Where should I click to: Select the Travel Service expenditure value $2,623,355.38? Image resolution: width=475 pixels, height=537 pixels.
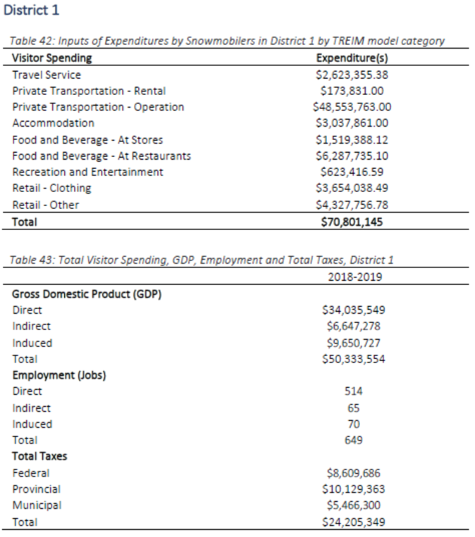pos(353,75)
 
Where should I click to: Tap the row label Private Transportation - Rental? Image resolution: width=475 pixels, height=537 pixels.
pos(89,91)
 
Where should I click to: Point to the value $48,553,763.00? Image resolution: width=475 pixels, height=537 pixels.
pos(352,107)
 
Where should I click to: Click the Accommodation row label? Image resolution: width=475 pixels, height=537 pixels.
pos(53,123)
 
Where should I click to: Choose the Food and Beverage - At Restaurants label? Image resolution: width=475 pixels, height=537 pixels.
pos(101,156)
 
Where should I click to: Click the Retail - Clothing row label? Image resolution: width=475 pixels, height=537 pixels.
pos(51,188)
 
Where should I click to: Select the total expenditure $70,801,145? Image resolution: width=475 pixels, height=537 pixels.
pos(353,221)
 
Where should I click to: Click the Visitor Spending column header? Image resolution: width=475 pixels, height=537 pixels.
pos(52,58)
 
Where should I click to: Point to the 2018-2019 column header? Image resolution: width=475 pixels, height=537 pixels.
pos(355,277)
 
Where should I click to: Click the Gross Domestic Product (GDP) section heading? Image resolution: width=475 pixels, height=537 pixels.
pos(87,294)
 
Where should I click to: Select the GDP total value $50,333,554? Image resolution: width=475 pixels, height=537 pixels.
pos(353,359)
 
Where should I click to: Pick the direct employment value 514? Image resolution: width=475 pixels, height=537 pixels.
pos(354,391)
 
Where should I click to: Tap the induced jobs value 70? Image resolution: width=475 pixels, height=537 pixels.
pos(354,424)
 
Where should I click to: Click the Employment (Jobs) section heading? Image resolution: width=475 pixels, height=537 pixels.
pos(59,375)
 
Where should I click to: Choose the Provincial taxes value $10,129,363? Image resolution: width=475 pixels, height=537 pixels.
pos(353,488)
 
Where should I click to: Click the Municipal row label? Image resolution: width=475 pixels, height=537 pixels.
pos(37,505)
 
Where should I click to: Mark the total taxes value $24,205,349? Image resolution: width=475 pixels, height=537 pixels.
pos(353,522)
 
